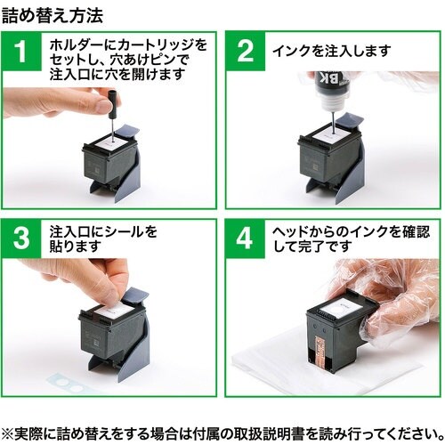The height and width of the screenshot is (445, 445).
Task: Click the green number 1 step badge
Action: pyautogui.click(x=21, y=52)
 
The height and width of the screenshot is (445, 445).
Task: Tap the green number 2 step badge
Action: pyautogui.click(x=246, y=52)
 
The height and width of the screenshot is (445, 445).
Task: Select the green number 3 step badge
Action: pyautogui.click(x=21, y=239)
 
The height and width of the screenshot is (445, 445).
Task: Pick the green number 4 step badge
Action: pyautogui.click(x=245, y=239)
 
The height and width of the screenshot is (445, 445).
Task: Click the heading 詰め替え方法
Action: pyautogui.click(x=53, y=15)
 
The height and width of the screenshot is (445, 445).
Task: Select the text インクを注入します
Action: pyautogui.click(x=332, y=51)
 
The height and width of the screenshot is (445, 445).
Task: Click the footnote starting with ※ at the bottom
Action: pyautogui.click(x=222, y=433)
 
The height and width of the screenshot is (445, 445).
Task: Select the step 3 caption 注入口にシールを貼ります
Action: pyautogui.click(x=103, y=239)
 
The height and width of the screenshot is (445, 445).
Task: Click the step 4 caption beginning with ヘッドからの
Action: pyautogui.click(x=351, y=239)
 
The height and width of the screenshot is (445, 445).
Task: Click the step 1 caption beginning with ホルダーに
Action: pyautogui.click(x=128, y=60)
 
